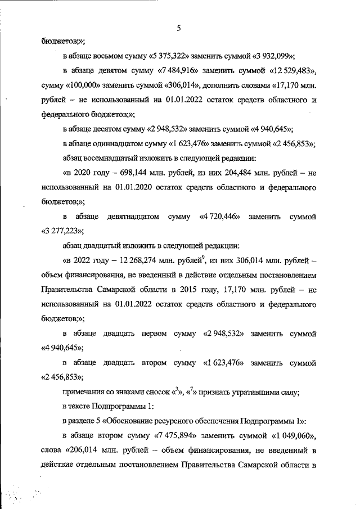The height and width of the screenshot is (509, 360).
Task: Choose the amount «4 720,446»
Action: (x=219, y=216)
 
